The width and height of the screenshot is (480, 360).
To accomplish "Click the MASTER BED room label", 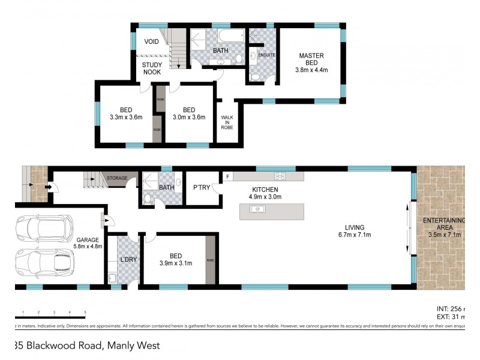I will [x=311, y=56].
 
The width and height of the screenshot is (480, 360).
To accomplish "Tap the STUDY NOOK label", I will [x=152, y=68].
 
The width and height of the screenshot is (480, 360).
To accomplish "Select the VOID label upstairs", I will [x=152, y=41].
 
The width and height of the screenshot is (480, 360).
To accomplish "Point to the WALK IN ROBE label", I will [x=227, y=122].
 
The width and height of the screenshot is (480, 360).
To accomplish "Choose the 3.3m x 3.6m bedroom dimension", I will [x=126, y=118].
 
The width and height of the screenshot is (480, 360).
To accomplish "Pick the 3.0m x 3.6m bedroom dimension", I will [x=189, y=118].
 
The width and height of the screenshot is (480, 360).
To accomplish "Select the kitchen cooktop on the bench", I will [x=280, y=176].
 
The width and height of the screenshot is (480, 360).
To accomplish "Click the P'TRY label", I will [x=201, y=188].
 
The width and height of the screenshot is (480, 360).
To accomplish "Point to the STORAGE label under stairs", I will [x=117, y=178].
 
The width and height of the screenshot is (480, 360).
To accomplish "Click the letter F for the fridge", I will [x=227, y=176].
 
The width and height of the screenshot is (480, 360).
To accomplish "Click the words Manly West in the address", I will [x=133, y=346].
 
